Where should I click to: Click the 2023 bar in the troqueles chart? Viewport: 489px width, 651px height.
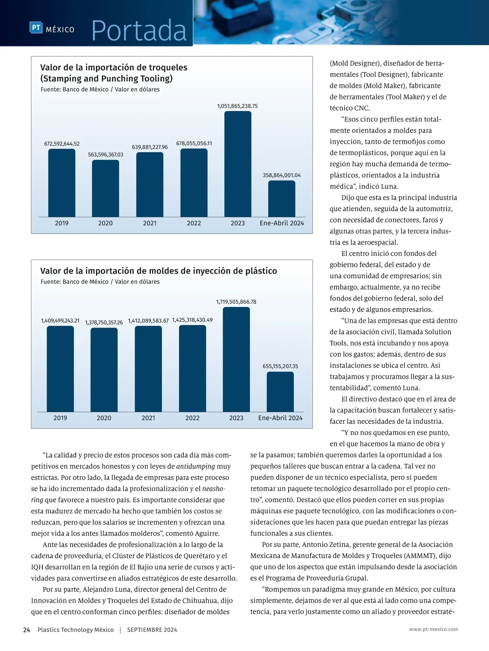click(238, 164)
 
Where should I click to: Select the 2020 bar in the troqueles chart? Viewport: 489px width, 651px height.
click(106, 188)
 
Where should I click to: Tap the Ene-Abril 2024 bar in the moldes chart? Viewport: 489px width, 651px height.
click(280, 392)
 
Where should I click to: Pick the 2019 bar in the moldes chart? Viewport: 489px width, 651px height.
click(60, 369)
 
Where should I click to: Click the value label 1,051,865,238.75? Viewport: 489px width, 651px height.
click(237, 106)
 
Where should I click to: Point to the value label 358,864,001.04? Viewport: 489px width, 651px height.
click(282, 175)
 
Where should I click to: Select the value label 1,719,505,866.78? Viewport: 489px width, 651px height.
click(236, 302)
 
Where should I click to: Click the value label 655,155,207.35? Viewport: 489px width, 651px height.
click(280, 366)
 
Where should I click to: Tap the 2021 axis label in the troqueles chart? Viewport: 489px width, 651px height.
click(150, 223)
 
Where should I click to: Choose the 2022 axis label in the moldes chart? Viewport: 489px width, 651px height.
click(192, 418)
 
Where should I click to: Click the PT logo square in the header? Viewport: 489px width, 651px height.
click(36, 28)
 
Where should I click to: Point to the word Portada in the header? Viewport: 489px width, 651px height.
click(139, 31)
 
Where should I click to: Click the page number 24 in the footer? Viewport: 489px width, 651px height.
click(26, 630)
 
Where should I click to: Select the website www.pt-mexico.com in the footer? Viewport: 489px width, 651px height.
click(434, 629)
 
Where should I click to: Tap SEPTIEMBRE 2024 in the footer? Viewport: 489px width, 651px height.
click(152, 630)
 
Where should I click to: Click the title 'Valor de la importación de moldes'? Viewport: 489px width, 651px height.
click(159, 271)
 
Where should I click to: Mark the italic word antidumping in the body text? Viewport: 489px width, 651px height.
click(196, 466)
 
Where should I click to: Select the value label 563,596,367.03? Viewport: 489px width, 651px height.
click(106, 155)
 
